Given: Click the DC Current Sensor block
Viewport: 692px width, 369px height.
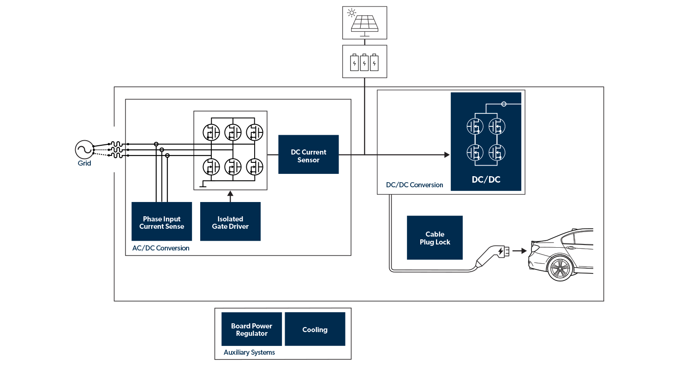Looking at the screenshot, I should [308, 155].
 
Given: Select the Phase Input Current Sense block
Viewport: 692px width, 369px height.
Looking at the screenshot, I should [161, 221].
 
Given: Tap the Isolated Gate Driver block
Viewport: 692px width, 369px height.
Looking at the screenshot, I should [230, 221].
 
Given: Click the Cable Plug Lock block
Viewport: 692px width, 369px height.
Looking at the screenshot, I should [435, 238].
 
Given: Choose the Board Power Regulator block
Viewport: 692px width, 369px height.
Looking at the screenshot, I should [251, 329].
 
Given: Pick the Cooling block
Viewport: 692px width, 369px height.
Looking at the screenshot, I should [315, 329].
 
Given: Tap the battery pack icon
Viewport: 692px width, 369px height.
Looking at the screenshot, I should [364, 62].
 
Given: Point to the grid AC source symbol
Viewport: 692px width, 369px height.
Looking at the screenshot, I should [84, 149].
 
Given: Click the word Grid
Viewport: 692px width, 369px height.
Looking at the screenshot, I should [84, 163].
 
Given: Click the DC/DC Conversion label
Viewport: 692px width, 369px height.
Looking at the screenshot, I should [414, 185].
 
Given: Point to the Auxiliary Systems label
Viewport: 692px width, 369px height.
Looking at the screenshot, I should [249, 352].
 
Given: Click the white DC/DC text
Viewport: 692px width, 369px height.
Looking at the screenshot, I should [486, 179].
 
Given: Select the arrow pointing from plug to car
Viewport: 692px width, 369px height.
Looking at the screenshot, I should [519, 251].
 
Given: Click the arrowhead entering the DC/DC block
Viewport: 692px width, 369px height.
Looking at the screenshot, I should [447, 155].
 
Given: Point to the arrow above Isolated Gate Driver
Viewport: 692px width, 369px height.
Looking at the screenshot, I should [230, 196].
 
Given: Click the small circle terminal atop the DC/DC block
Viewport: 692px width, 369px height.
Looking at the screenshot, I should [504, 104].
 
